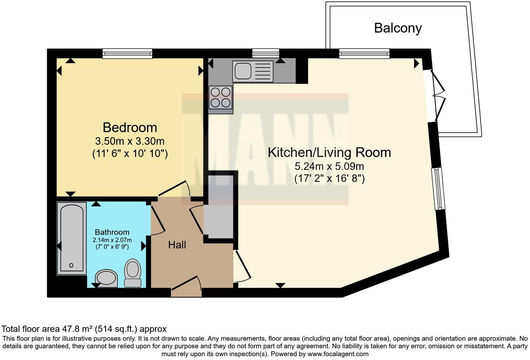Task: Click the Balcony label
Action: pyautogui.click(x=398, y=28)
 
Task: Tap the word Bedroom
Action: pyautogui.click(x=130, y=128)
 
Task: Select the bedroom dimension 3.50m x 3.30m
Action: pyautogui.click(x=130, y=141)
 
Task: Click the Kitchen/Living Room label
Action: pyautogui.click(x=329, y=152)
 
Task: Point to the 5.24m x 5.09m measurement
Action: pyautogui.click(x=329, y=166)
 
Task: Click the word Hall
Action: pyautogui.click(x=177, y=245)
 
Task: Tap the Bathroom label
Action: pyautogui.click(x=112, y=232)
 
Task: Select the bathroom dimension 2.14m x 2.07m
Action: pyautogui.click(x=112, y=240)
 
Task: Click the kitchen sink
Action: pyautogui.click(x=253, y=71)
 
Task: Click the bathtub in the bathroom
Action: pyautogui.click(x=72, y=238)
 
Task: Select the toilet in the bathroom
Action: pyautogui.click(x=133, y=273)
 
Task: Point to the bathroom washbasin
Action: pyautogui.click(x=106, y=278)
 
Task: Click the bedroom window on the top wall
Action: pyautogui.click(x=127, y=53)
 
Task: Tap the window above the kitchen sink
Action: pyautogui.click(x=266, y=53)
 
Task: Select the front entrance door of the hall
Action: pyautogui.click(x=186, y=285)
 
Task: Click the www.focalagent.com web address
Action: pyautogui.click(x=338, y=354)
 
